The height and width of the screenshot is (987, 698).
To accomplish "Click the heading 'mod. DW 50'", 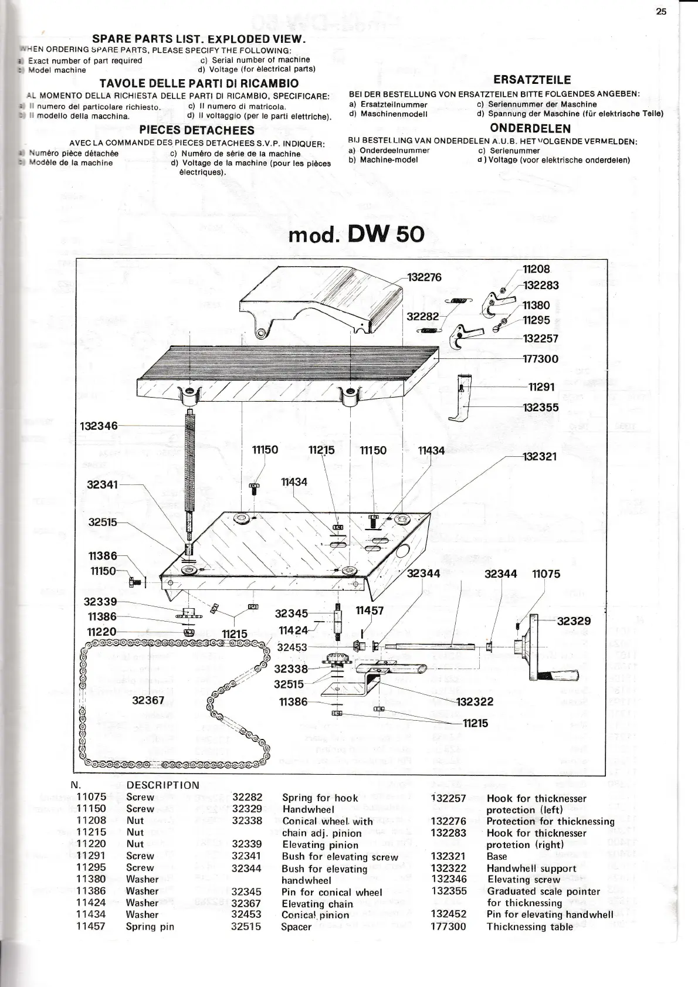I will (x=356, y=234).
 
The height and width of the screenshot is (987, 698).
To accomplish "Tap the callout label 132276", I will (x=424, y=277).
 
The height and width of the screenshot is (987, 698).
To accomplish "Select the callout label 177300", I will (x=540, y=359).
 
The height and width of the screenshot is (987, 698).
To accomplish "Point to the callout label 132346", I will (x=99, y=425).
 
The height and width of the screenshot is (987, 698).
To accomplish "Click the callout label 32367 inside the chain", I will (x=148, y=700).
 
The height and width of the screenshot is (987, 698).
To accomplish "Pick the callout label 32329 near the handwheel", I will (x=574, y=621).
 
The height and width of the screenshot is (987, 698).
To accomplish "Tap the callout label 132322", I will (x=475, y=701).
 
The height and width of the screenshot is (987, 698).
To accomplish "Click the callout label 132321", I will (x=540, y=456).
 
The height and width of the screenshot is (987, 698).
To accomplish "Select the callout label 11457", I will (x=370, y=610).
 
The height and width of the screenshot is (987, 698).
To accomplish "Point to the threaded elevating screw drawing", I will (x=189, y=463).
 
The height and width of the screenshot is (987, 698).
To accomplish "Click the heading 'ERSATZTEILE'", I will (x=532, y=80).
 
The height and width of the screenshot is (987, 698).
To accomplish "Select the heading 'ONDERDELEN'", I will (x=530, y=128).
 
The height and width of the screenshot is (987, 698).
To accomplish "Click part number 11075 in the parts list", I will (x=91, y=797).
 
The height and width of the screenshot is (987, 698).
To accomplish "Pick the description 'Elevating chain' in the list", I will (x=317, y=904).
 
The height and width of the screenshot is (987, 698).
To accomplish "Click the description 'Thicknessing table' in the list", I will (x=529, y=927).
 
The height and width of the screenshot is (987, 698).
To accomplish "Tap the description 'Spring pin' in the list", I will (x=150, y=927).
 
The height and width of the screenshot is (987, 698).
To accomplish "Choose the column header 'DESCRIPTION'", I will (x=162, y=785).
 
